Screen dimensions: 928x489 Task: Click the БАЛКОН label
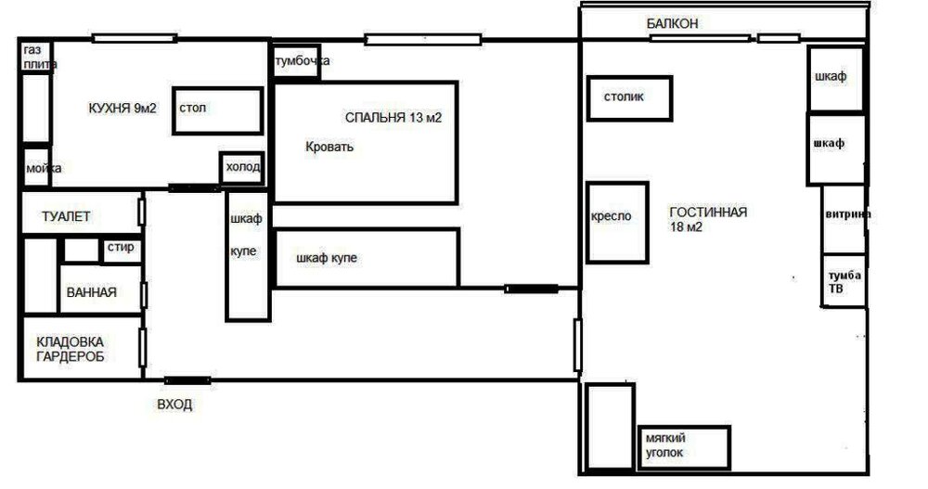(672, 24)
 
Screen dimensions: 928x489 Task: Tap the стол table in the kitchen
(218, 110)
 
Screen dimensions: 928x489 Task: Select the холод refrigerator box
(241, 168)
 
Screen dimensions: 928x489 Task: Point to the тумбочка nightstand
(297, 60)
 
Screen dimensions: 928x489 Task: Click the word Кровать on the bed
(329, 147)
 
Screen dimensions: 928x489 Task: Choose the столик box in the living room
(629, 98)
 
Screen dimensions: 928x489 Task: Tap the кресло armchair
(617, 223)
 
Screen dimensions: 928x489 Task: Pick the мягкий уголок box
(684, 447)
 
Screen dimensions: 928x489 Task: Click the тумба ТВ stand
(844, 280)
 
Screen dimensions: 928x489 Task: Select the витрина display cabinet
(844, 220)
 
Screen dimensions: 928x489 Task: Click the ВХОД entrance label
(174, 405)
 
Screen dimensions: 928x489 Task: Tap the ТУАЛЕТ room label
(66, 217)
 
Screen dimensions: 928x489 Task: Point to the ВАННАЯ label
(92, 292)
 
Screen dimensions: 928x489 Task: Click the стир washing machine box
(122, 250)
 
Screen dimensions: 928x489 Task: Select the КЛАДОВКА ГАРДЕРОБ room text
(70, 349)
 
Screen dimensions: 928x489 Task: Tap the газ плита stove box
(37, 57)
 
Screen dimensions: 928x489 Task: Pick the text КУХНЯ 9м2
(122, 109)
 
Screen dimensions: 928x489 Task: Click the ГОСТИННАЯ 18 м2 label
(708, 219)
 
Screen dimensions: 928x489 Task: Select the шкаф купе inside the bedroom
(367, 258)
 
